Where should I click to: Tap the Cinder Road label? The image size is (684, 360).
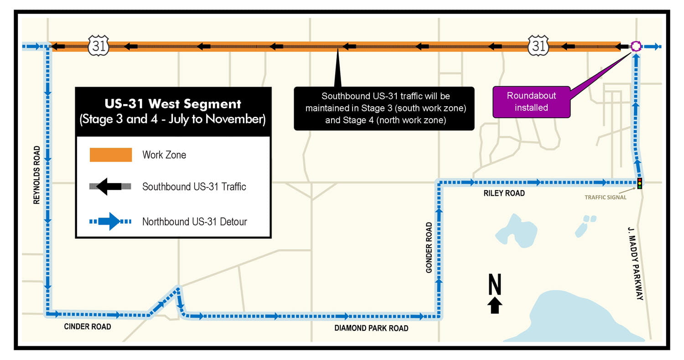pyautogui.click(x=88, y=327)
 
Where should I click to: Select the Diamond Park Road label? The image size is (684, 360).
pyautogui.click(x=371, y=328)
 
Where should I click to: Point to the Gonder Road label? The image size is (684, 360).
pyautogui.click(x=429, y=248)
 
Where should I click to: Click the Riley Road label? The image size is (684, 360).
pyautogui.click(x=504, y=193)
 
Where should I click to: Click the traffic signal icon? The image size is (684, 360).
pyautogui.click(x=640, y=183)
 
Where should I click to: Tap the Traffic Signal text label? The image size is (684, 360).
pyautogui.click(x=605, y=198)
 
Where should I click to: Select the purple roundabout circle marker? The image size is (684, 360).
pyautogui.click(x=636, y=46)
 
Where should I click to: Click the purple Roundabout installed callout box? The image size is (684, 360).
pyautogui.click(x=531, y=102)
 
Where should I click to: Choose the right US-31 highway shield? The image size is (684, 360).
pyautogui.click(x=539, y=46)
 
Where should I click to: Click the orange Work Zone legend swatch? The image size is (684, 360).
pyautogui.click(x=111, y=155)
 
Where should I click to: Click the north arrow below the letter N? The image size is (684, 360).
pyautogui.click(x=495, y=306)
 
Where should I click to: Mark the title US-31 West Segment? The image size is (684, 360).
pyautogui.click(x=173, y=104)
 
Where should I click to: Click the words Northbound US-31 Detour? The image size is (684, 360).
pyautogui.click(x=195, y=222)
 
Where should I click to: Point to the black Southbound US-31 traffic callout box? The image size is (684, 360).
pyautogui.click(x=384, y=109)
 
